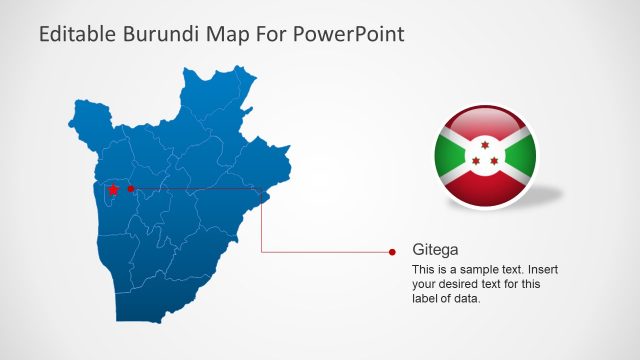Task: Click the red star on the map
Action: click(113, 189)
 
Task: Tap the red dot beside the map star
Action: click(131, 188)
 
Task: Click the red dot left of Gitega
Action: click(392, 252)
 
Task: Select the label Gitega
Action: click(435, 250)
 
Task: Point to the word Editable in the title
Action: click(79, 35)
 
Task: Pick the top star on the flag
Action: click(485, 146)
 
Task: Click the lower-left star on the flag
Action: click(477, 161)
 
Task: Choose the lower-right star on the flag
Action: click(494, 161)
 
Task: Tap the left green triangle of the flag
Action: click(449, 156)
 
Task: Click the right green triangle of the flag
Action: click(522, 156)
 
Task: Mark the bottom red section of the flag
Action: click(485, 190)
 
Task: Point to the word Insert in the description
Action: click(543, 271)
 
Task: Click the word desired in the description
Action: click(458, 285)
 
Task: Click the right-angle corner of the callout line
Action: click(262, 252)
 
